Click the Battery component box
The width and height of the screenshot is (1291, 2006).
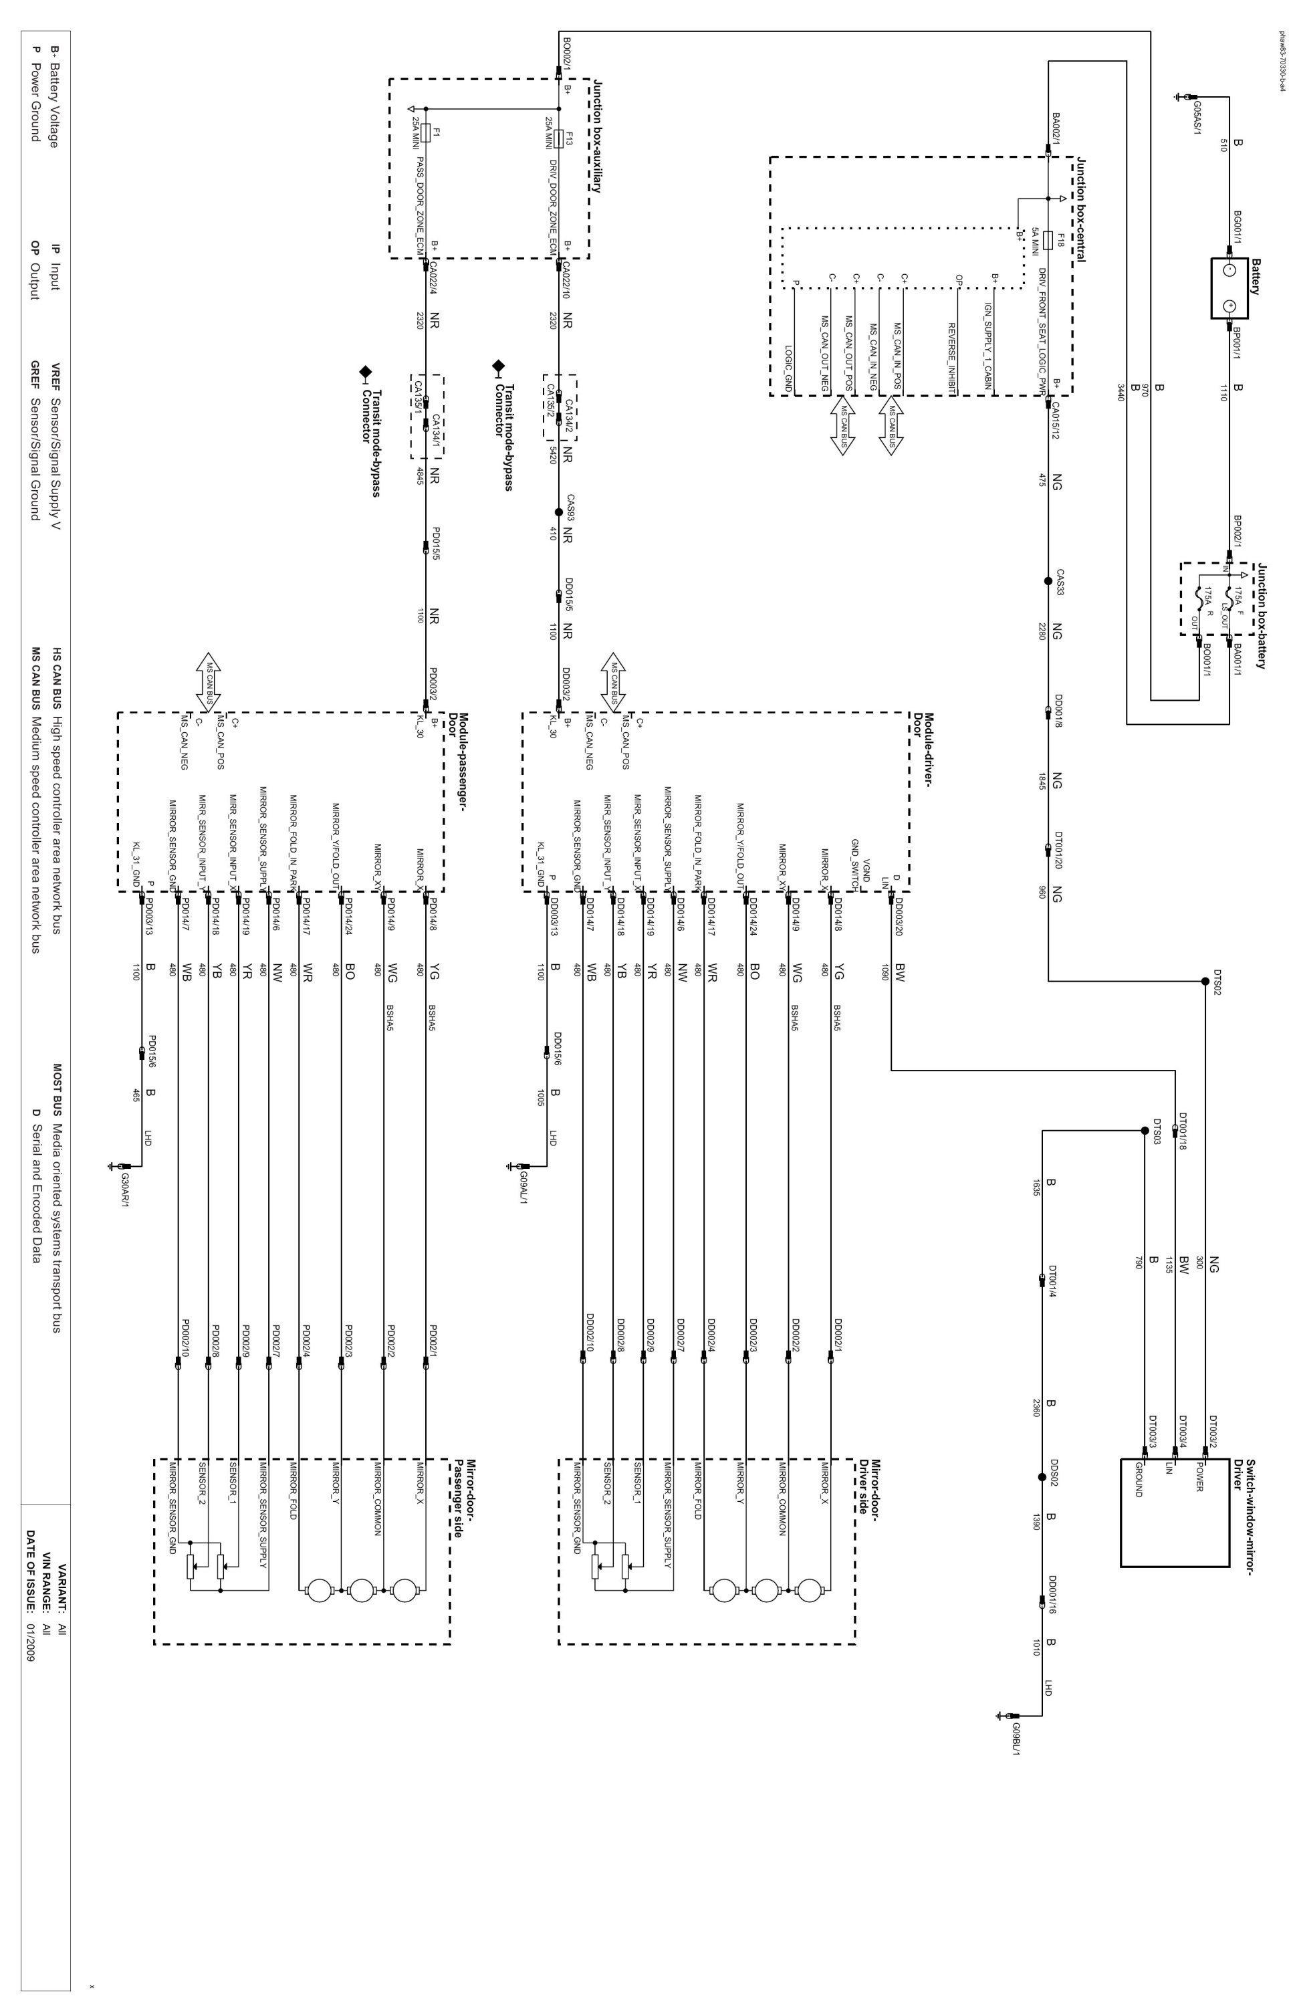pos(1229,288)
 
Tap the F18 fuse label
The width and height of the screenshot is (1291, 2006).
pos(1060,240)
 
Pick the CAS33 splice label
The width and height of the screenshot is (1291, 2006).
pos(1060,582)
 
